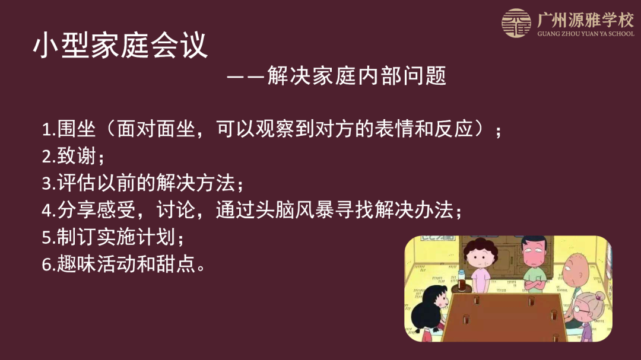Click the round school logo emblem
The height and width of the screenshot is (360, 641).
click(x=516, y=23)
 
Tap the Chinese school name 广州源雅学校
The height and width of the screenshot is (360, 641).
click(x=585, y=20)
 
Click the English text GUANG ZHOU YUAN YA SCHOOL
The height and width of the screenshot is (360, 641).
click(x=586, y=33)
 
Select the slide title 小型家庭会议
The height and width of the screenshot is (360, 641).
click(x=120, y=45)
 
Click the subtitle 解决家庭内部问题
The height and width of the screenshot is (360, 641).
click(x=357, y=75)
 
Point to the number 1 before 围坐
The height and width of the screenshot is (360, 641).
click(x=46, y=130)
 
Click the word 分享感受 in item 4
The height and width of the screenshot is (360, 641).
click(x=97, y=210)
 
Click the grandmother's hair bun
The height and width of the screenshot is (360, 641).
click(x=600, y=295)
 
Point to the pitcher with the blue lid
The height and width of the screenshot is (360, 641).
click(x=462, y=279)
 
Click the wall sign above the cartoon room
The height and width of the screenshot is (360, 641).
click(x=438, y=238)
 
